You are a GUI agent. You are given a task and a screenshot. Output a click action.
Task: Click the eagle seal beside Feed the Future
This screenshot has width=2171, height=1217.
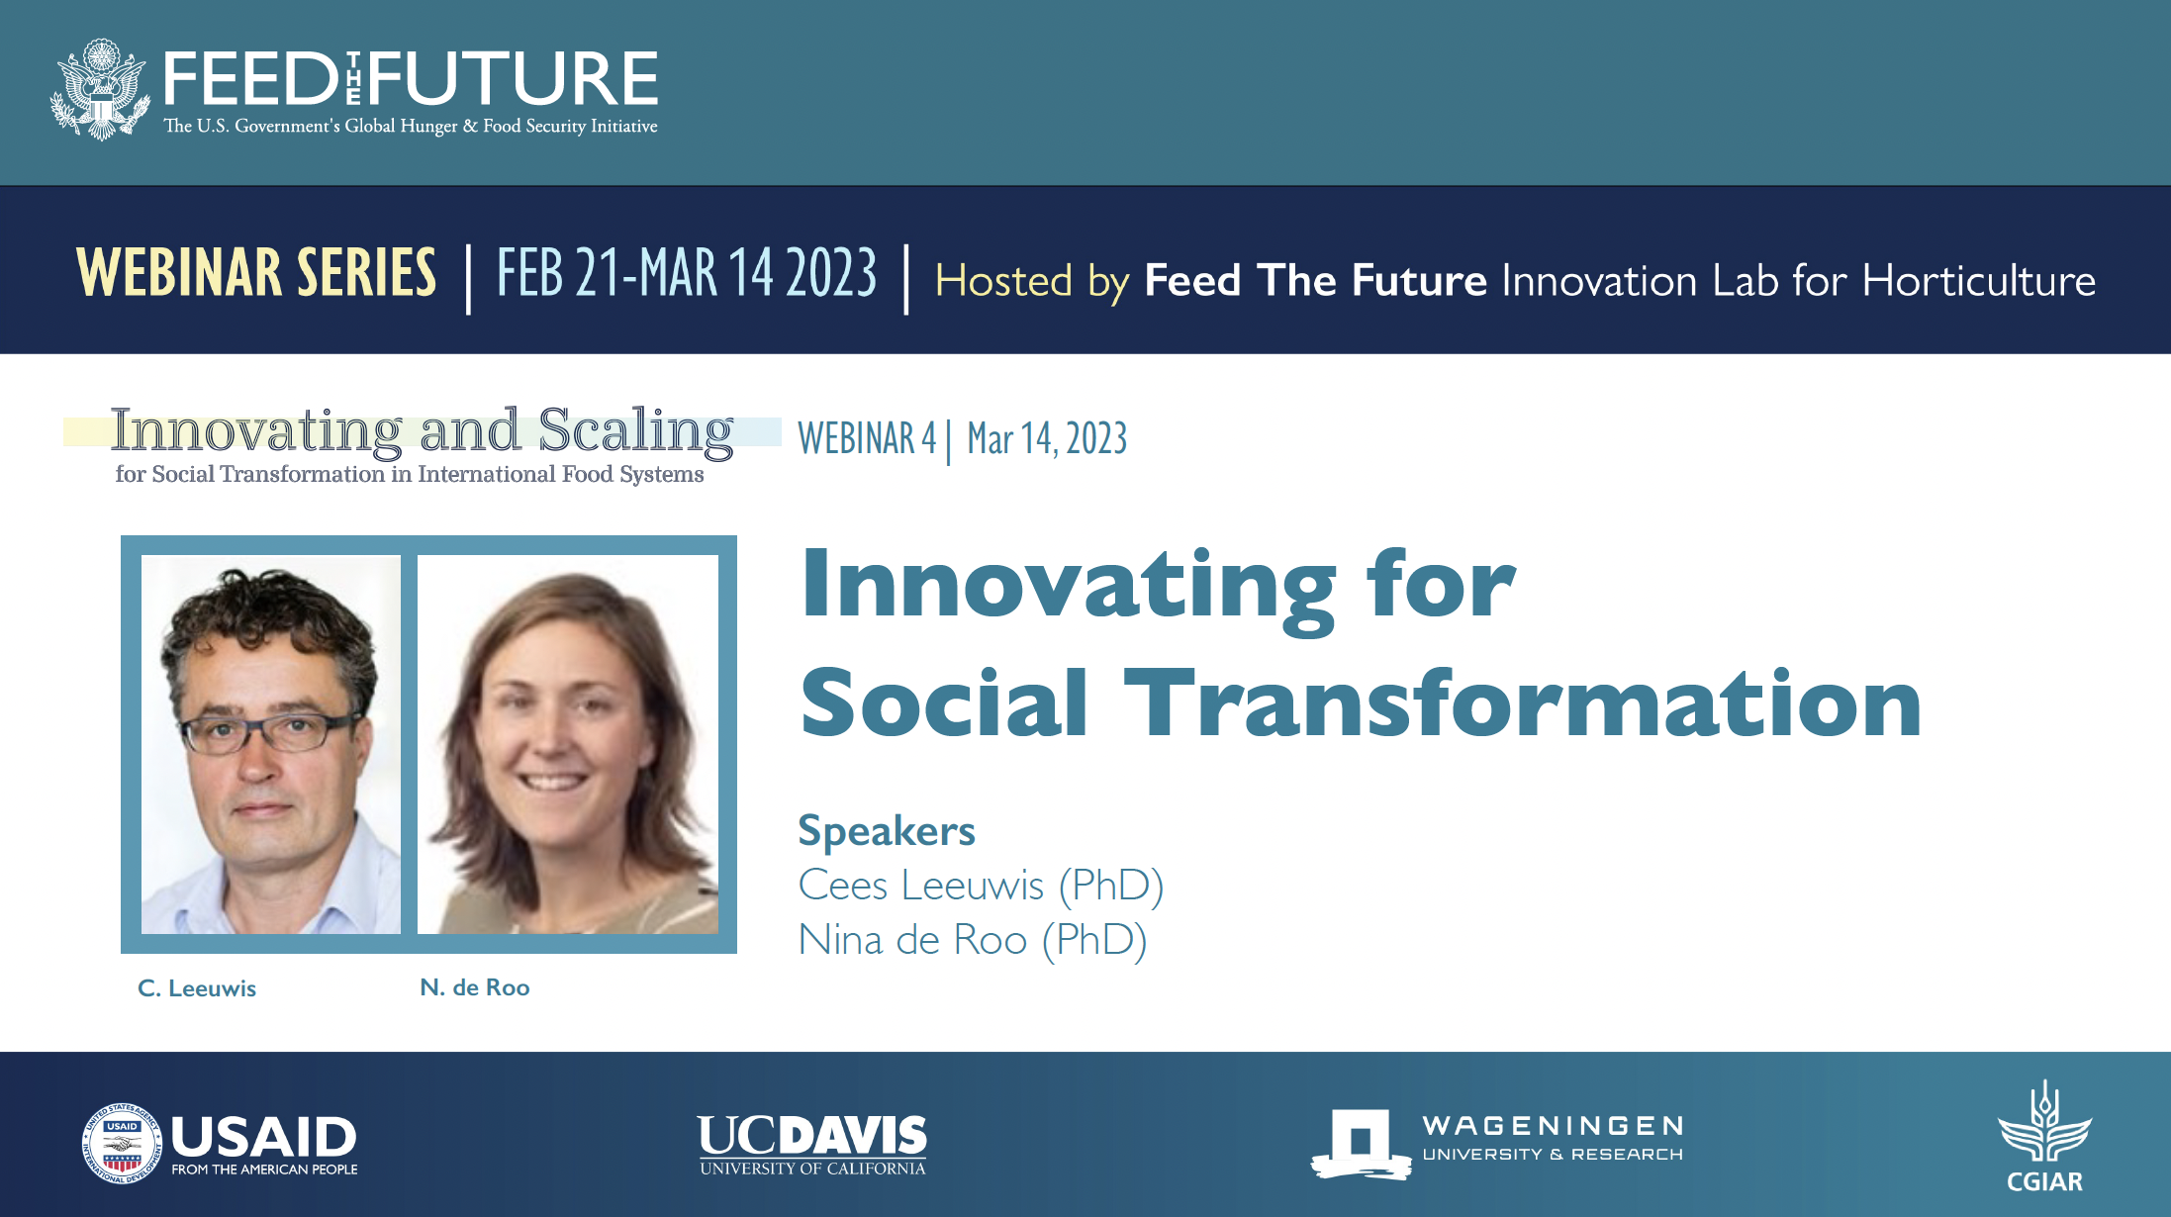(100, 90)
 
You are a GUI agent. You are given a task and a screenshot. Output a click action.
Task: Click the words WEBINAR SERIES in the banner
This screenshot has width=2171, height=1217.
(256, 273)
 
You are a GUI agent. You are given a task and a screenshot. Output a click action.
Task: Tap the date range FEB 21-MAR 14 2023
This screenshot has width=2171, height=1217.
(687, 273)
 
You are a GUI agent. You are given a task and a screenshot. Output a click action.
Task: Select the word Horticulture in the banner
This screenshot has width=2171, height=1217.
(1979, 281)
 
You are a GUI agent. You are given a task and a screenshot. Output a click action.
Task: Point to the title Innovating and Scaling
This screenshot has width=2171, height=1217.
(423, 431)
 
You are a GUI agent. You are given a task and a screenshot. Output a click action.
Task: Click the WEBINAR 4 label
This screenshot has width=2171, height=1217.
(867, 439)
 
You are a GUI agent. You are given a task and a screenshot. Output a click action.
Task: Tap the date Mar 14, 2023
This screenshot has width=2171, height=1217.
(1047, 439)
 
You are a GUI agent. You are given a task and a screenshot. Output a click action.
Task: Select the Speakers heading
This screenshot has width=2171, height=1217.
(887, 831)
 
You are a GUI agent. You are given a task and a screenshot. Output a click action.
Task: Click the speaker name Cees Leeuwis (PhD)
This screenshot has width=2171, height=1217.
(981, 886)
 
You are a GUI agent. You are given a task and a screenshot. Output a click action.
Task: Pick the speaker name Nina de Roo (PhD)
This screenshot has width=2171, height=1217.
(973, 940)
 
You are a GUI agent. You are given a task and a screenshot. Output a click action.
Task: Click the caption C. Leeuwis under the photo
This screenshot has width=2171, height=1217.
(197, 988)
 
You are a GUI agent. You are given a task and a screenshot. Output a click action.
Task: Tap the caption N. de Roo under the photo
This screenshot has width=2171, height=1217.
(475, 987)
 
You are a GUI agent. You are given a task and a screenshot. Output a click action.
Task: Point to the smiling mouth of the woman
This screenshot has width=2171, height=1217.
(553, 782)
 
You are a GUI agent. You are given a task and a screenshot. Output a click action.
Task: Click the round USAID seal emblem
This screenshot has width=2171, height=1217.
(121, 1144)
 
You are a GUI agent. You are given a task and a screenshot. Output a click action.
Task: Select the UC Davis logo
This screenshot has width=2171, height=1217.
(812, 1146)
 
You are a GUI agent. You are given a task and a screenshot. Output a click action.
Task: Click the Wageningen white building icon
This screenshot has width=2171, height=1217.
(1362, 1144)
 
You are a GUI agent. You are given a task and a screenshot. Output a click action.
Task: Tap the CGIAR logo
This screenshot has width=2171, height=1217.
(2044, 1137)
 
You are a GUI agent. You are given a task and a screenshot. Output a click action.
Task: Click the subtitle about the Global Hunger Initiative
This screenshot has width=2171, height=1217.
(411, 127)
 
